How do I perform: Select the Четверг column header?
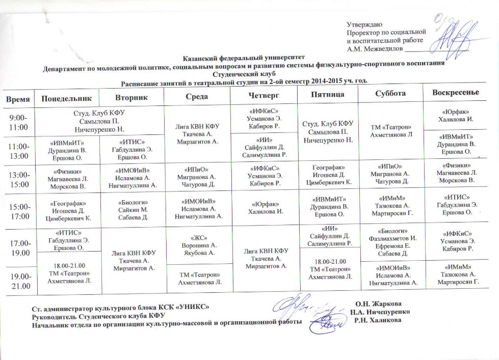click(262, 96)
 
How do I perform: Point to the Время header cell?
click(18, 97)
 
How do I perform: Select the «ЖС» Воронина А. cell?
click(199, 243)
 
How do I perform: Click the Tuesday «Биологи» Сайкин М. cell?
click(133, 209)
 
